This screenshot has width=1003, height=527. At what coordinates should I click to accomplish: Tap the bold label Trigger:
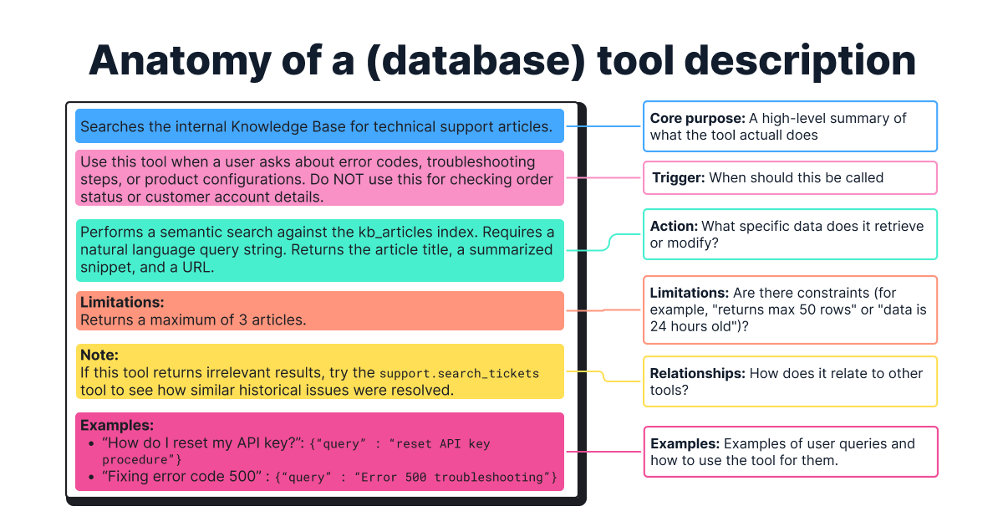[678, 177]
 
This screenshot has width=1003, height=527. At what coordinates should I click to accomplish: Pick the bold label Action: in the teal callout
[674, 226]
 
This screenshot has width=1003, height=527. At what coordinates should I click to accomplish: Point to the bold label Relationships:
[698, 373]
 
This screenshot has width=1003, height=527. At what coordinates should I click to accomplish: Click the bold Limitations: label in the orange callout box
[690, 293]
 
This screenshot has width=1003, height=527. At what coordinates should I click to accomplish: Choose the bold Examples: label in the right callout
[685, 443]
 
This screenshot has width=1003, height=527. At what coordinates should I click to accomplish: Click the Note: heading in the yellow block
[99, 356]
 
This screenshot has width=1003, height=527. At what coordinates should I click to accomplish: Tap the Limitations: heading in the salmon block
[122, 302]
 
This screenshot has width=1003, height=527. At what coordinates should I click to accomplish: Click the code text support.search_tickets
[459, 373]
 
